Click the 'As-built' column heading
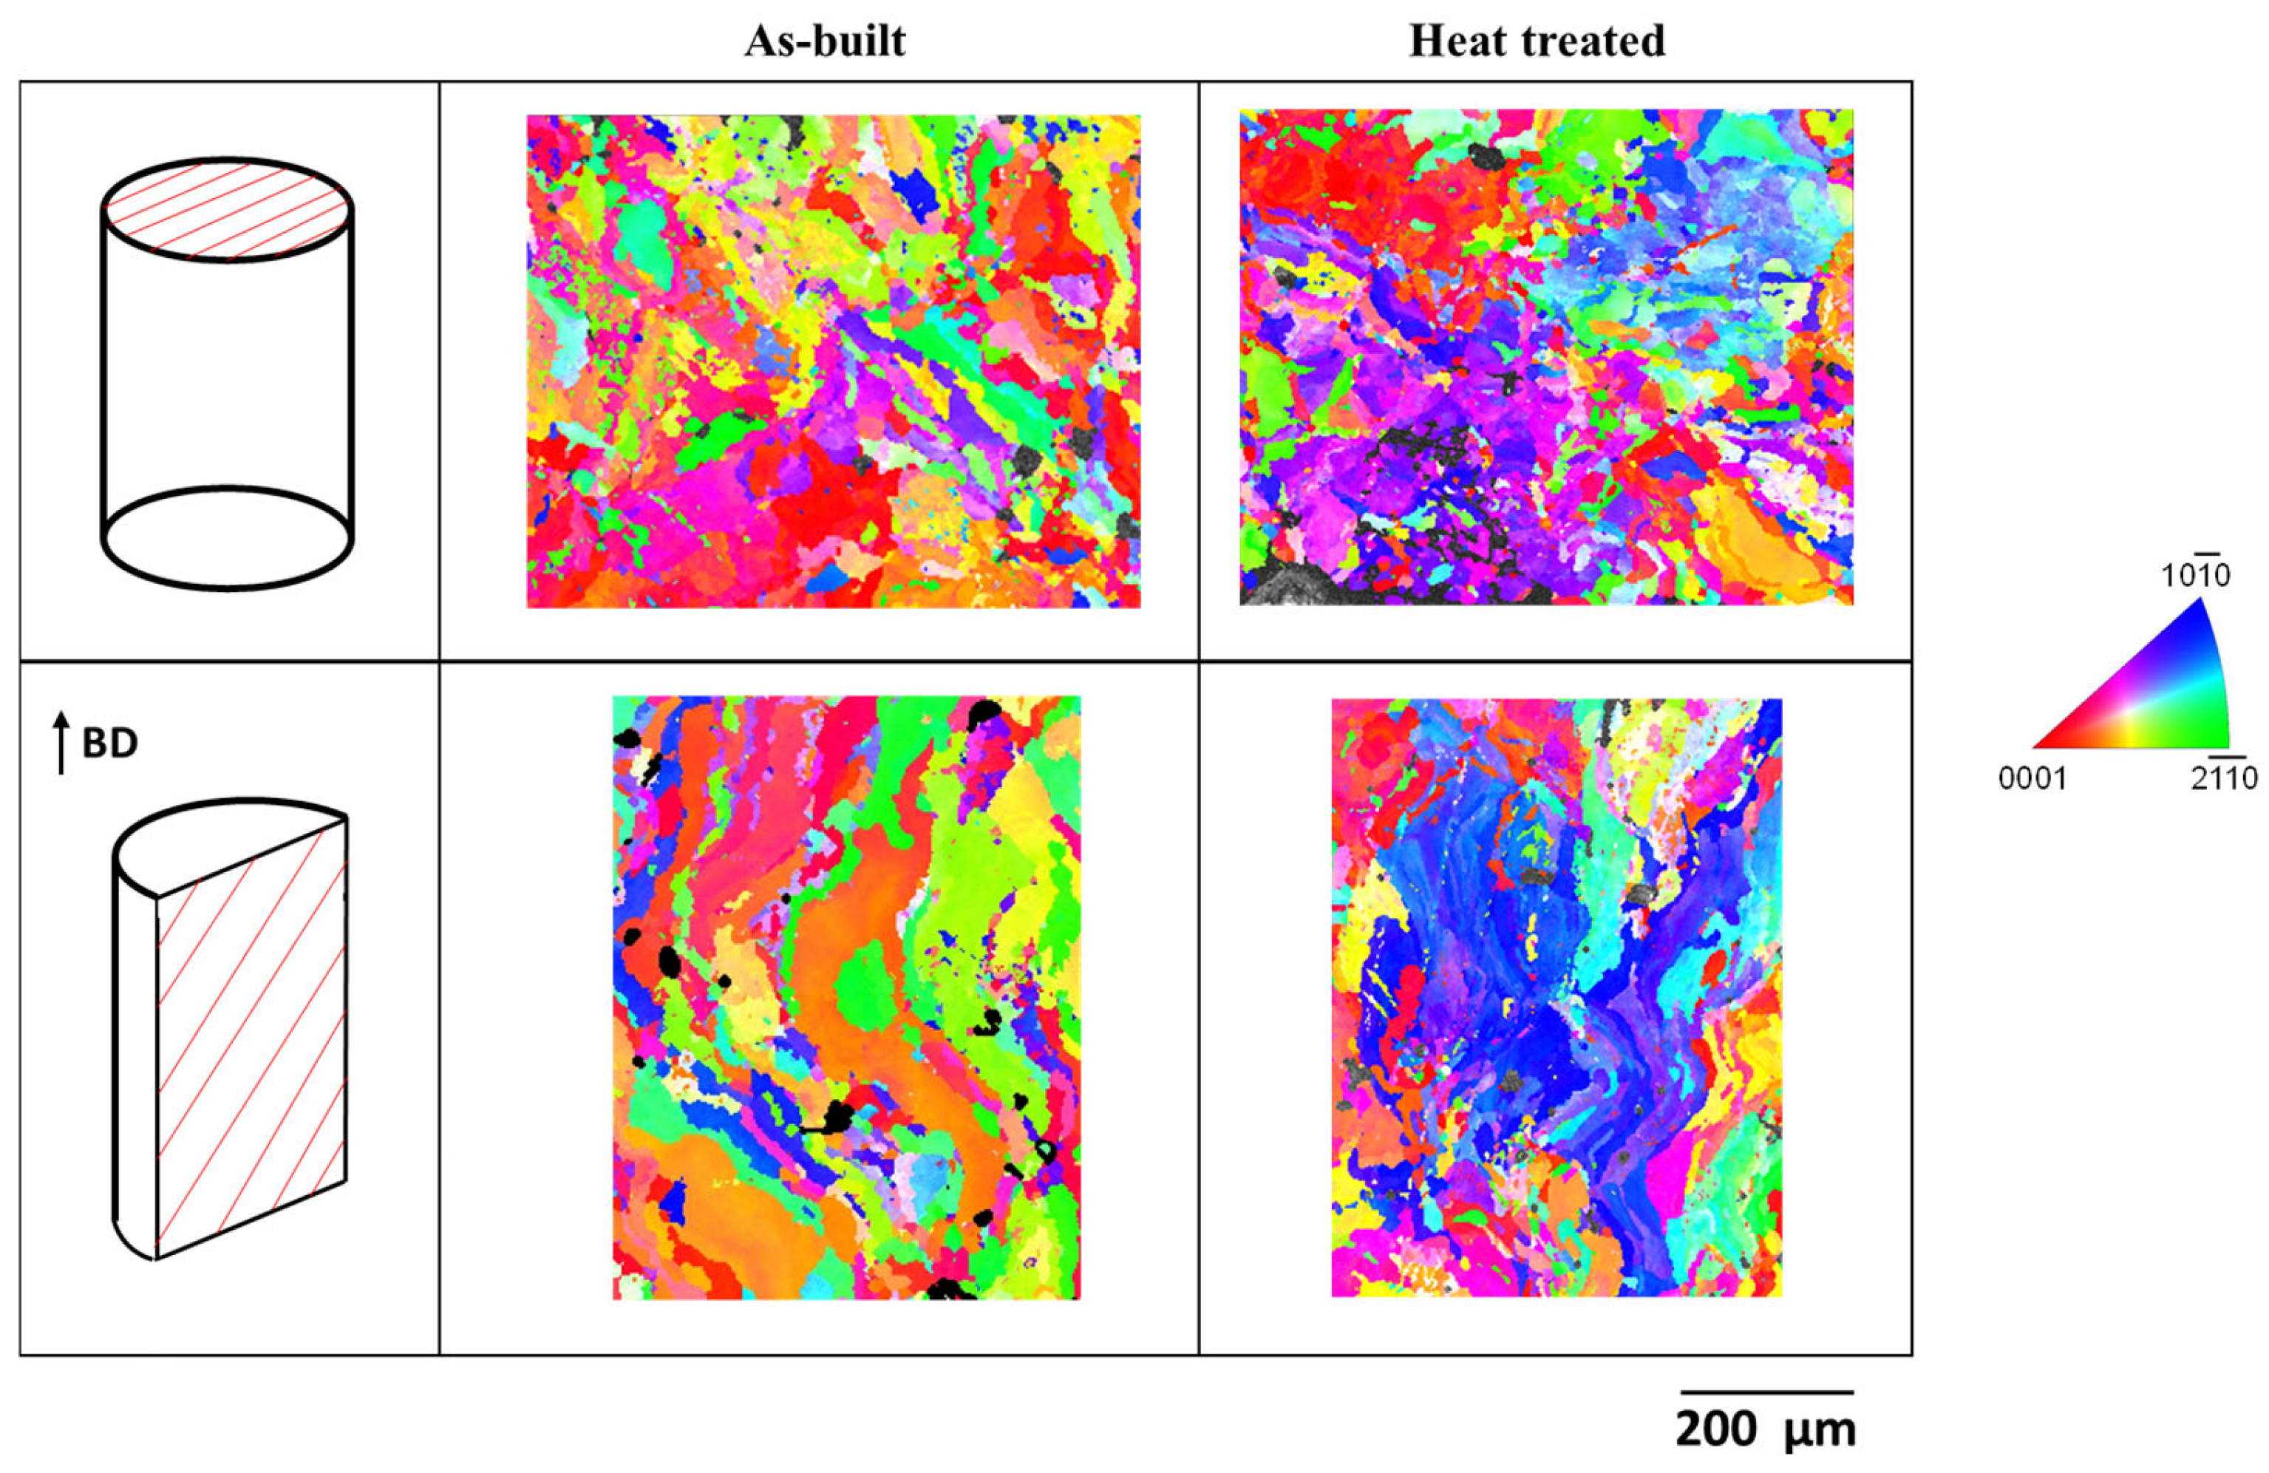click(825, 41)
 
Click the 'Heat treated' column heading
click(1537, 41)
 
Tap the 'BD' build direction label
click(109, 744)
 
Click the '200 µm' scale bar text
click(1766, 1431)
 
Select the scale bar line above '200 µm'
click(1766, 1393)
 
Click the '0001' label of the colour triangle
click(2032, 780)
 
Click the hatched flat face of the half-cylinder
click(251, 1039)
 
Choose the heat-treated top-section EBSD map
click(1545, 358)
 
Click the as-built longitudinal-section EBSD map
click(846, 997)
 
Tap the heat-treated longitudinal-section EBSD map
click(1556, 997)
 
